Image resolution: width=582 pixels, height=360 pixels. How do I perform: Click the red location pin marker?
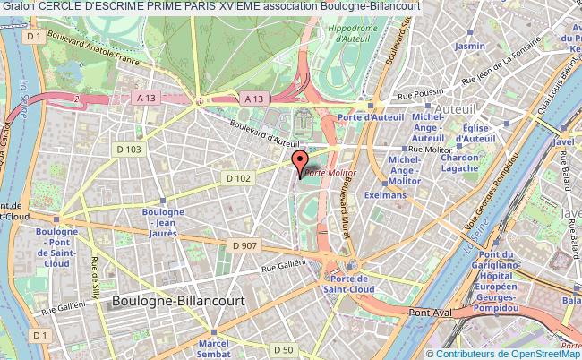[x=300, y=163]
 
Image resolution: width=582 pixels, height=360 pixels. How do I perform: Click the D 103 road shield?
[x=131, y=149]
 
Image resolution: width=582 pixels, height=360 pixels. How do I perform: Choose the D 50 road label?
[x=284, y=348]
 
